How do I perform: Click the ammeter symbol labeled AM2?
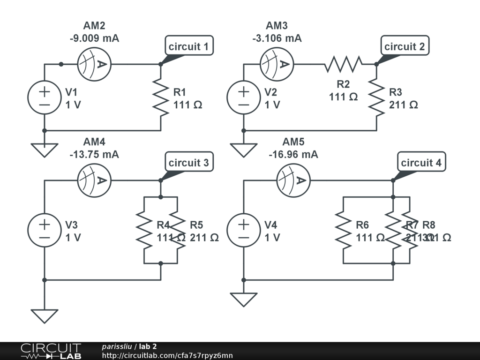coord(94,64)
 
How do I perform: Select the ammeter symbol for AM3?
coord(277,64)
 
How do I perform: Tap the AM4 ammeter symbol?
coord(94,180)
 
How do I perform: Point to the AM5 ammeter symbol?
coord(293,180)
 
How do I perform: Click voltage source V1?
coord(45,98)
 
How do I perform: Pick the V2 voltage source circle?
coord(244,98)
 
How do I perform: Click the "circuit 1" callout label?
coord(189,46)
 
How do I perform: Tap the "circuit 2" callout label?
coord(405,46)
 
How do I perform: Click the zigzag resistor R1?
coord(161,98)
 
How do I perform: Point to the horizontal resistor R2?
coord(344,64)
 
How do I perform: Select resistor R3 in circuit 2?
coord(376,98)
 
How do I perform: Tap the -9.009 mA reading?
coord(94,38)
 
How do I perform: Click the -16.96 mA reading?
coord(293,154)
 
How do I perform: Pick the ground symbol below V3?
coord(45,316)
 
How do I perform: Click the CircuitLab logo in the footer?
coord(50,351)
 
